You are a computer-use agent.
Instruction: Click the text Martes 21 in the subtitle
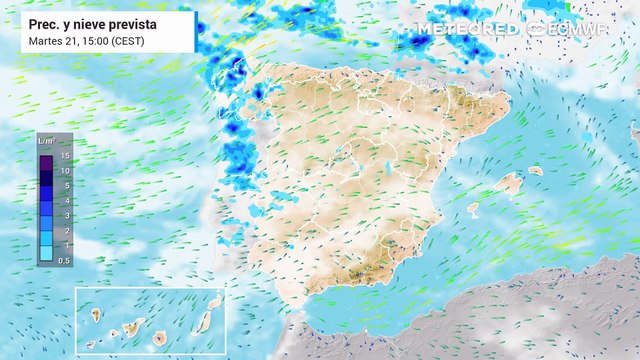[x=53, y=40]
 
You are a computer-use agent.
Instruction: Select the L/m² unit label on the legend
[x=46, y=141]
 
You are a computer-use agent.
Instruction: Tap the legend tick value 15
[x=64, y=156]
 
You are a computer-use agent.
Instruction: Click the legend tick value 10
[x=64, y=171]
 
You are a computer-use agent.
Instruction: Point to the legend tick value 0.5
[x=64, y=260]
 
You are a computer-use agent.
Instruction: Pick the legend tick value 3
[x=64, y=215]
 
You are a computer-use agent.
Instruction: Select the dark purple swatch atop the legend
[x=46, y=156]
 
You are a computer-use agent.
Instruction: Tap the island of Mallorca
[x=511, y=184]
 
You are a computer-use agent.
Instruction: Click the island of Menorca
[x=536, y=171]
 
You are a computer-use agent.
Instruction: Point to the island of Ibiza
[x=472, y=209]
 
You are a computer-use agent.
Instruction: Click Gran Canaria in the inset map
[x=159, y=337]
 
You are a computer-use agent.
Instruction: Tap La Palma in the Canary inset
[x=97, y=314]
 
